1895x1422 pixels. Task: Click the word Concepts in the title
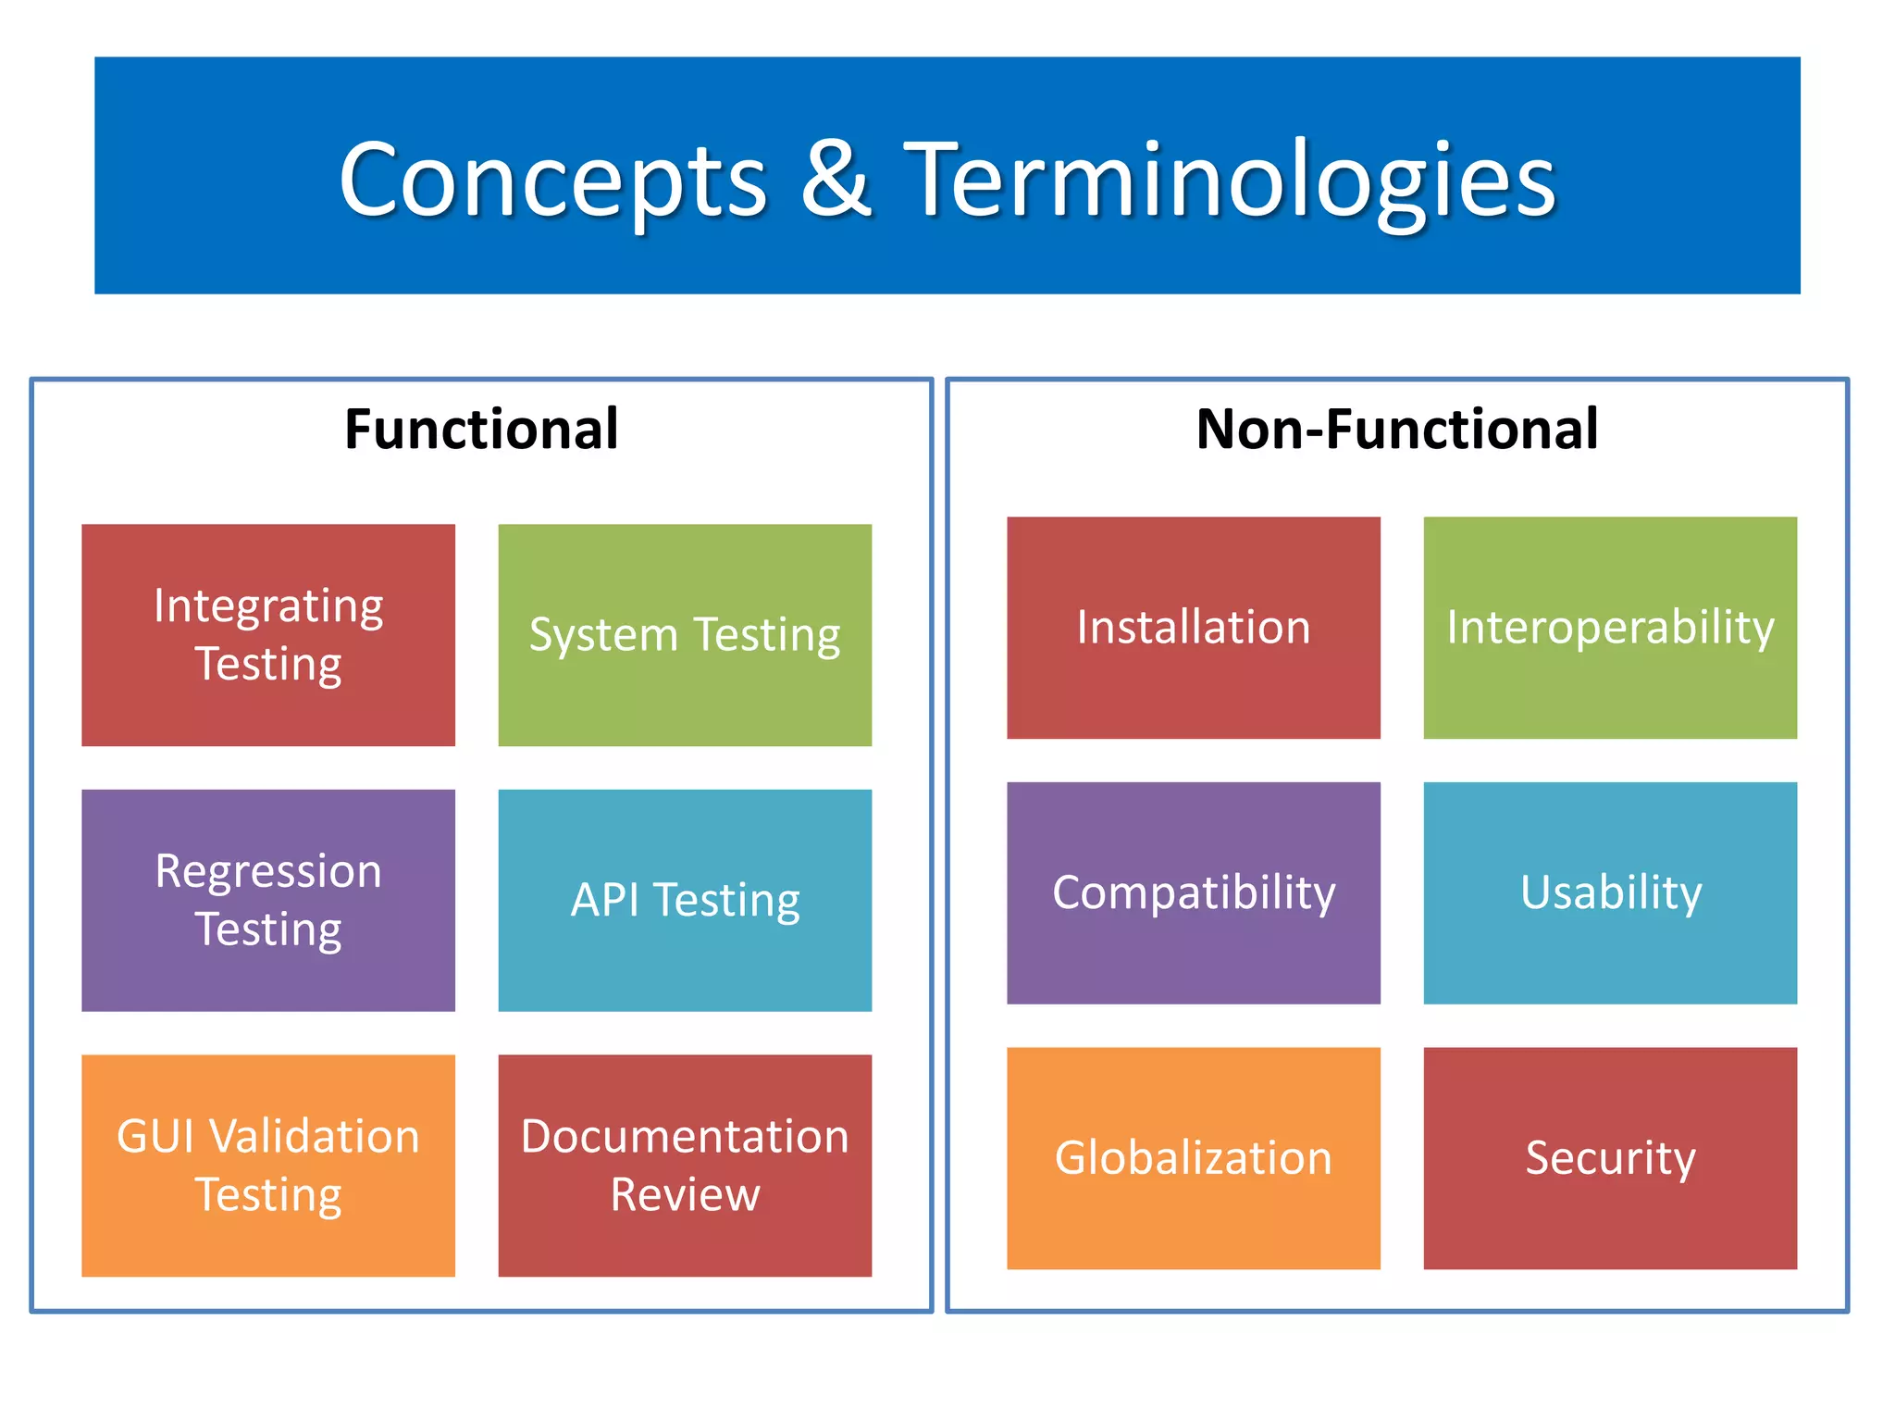tap(552, 180)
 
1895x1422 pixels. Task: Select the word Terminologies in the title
tap(1229, 180)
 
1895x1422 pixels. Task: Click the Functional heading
tap(481, 430)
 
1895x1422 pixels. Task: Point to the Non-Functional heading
tap(1396, 430)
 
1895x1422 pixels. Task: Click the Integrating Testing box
tap(268, 635)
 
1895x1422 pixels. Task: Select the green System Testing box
tap(685, 635)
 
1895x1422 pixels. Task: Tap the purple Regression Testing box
tap(268, 900)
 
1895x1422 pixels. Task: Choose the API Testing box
tap(685, 900)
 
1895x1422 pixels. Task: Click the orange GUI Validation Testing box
tap(268, 1165)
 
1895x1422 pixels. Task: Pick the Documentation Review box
tap(685, 1165)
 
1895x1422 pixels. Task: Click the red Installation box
tap(1194, 628)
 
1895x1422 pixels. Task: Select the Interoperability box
tap(1610, 628)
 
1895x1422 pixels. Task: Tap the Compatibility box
tap(1194, 893)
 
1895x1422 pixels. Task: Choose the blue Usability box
tap(1610, 893)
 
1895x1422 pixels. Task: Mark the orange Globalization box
tap(1194, 1158)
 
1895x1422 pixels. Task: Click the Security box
tap(1610, 1158)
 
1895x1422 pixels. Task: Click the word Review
tap(685, 1194)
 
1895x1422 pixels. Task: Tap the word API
tap(605, 900)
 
